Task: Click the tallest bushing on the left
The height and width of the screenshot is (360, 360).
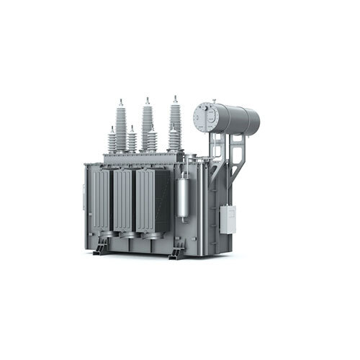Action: [x=121, y=125]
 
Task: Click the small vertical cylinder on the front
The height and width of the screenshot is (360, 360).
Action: [x=184, y=199]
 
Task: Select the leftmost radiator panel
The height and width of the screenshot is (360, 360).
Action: [x=102, y=201]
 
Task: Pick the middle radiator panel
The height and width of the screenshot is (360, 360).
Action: [x=123, y=202]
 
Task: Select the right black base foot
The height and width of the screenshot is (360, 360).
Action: [x=176, y=251]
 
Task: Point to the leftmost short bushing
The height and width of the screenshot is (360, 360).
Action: [x=112, y=140]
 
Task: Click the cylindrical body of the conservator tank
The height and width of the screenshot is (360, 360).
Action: [x=238, y=117]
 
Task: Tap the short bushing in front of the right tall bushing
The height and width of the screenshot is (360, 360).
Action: [x=174, y=140]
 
